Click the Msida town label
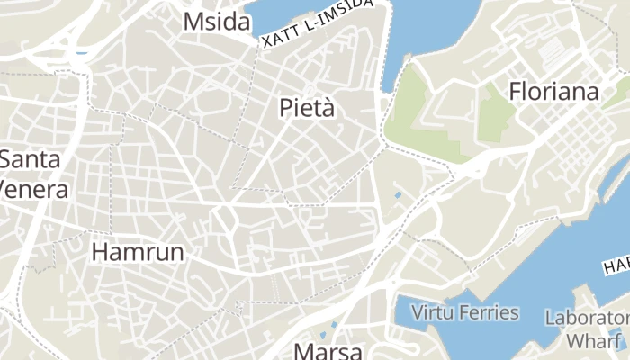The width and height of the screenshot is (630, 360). tap(216, 22)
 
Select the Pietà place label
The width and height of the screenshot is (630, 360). tap(307, 109)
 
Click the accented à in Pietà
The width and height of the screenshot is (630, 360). tap(328, 109)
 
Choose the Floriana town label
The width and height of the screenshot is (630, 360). tap(553, 92)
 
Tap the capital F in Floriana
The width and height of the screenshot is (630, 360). tap(517, 92)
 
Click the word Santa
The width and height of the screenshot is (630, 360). tap(31, 160)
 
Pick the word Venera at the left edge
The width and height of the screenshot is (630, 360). tap(34, 190)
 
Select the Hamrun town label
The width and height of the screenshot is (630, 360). tap(138, 252)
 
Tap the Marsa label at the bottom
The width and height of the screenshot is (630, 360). tap(328, 351)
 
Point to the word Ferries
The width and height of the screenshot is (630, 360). tap(491, 313)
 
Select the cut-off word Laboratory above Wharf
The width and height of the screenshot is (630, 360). tap(587, 318)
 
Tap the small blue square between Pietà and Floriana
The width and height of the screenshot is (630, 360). tap(399, 194)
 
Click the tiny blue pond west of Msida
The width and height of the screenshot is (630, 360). tap(83, 52)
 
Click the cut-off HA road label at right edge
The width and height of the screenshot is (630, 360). tap(616, 265)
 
